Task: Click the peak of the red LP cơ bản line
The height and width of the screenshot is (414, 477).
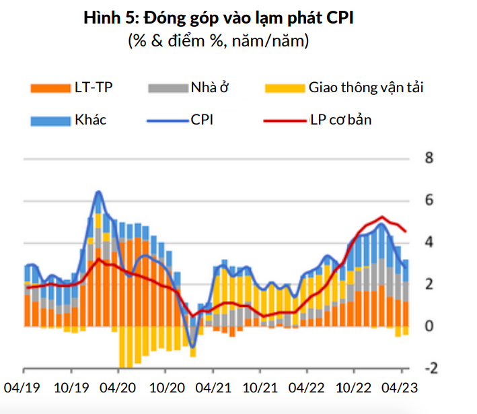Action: (x=381, y=217)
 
